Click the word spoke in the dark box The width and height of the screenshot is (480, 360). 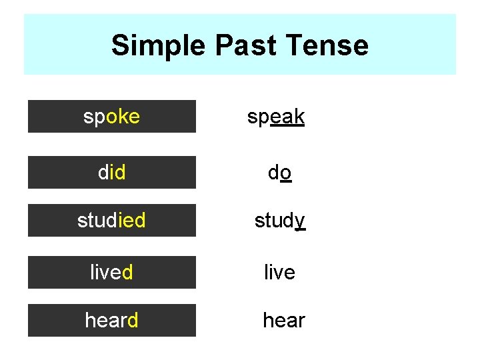(111, 117)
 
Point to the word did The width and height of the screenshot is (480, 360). (111, 173)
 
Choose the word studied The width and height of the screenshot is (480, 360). (111, 220)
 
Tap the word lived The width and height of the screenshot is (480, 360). (111, 272)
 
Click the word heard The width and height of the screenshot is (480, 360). (111, 320)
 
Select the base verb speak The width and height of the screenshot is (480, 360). (276, 117)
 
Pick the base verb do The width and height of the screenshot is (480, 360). (279, 173)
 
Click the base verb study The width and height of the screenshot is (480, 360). (280, 220)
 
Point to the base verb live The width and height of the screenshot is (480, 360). (279, 272)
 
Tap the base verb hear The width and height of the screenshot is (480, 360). (283, 320)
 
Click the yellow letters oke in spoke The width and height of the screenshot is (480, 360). (123, 117)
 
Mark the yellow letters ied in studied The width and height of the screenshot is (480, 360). (131, 220)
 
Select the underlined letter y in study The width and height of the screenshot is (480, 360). (300, 221)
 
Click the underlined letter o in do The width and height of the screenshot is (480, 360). (285, 173)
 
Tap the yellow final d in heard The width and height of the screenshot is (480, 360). (132, 320)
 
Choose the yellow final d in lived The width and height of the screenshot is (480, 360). (127, 272)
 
